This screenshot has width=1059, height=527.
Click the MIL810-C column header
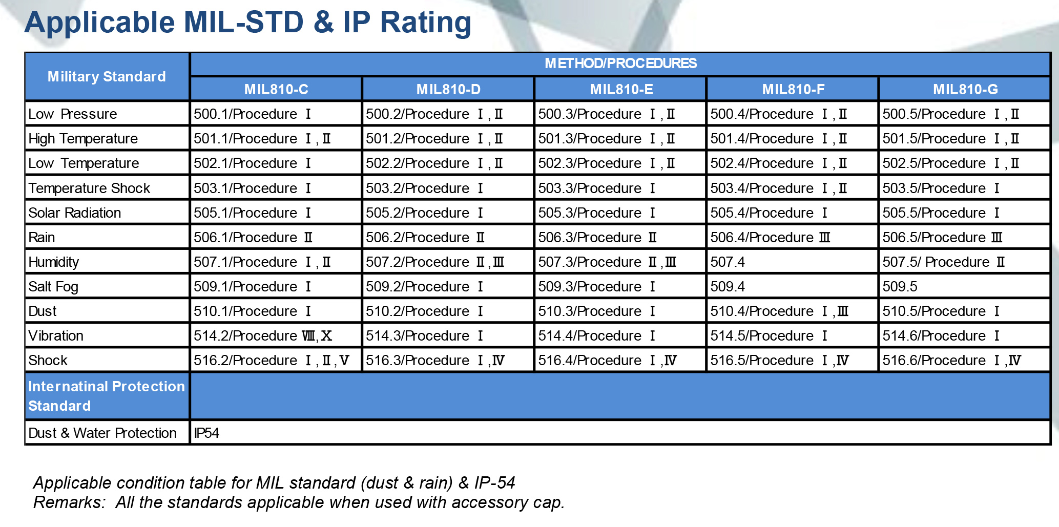coord(276,90)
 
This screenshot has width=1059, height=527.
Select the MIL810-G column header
coord(965,90)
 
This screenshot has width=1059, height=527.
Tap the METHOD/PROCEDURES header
coord(620,64)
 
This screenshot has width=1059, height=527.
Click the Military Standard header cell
coord(107,77)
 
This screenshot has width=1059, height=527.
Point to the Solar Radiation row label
coord(75,213)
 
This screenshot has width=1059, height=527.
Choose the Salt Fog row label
coord(53,287)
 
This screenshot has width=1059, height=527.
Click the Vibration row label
coord(56,336)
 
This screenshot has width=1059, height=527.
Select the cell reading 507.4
coord(728,262)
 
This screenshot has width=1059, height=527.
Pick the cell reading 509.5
coord(900,287)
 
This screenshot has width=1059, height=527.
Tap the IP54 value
coord(206,433)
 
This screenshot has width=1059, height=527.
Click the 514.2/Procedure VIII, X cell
coord(263,336)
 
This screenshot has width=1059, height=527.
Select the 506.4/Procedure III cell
coord(770,238)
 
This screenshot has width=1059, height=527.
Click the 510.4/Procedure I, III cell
coord(779,311)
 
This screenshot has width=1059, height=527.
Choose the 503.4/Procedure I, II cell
coord(778,188)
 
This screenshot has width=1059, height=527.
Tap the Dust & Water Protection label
coord(102,433)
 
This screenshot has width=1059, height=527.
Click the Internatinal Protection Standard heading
coord(107,396)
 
